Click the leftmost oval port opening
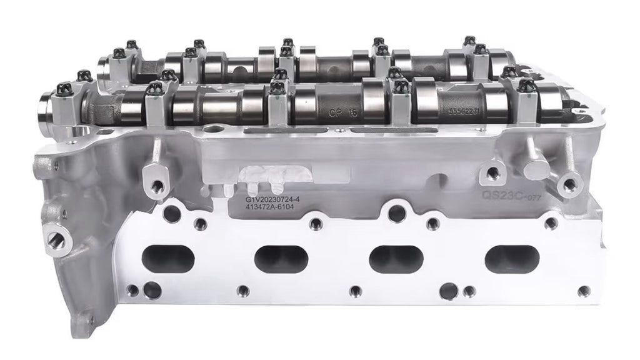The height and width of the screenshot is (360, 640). tap(169, 256)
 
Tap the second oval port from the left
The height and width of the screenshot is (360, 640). tap(284, 257)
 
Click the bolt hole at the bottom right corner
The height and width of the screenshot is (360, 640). tap(584, 291)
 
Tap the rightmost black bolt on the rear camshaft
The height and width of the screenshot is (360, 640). tap(480, 49)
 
